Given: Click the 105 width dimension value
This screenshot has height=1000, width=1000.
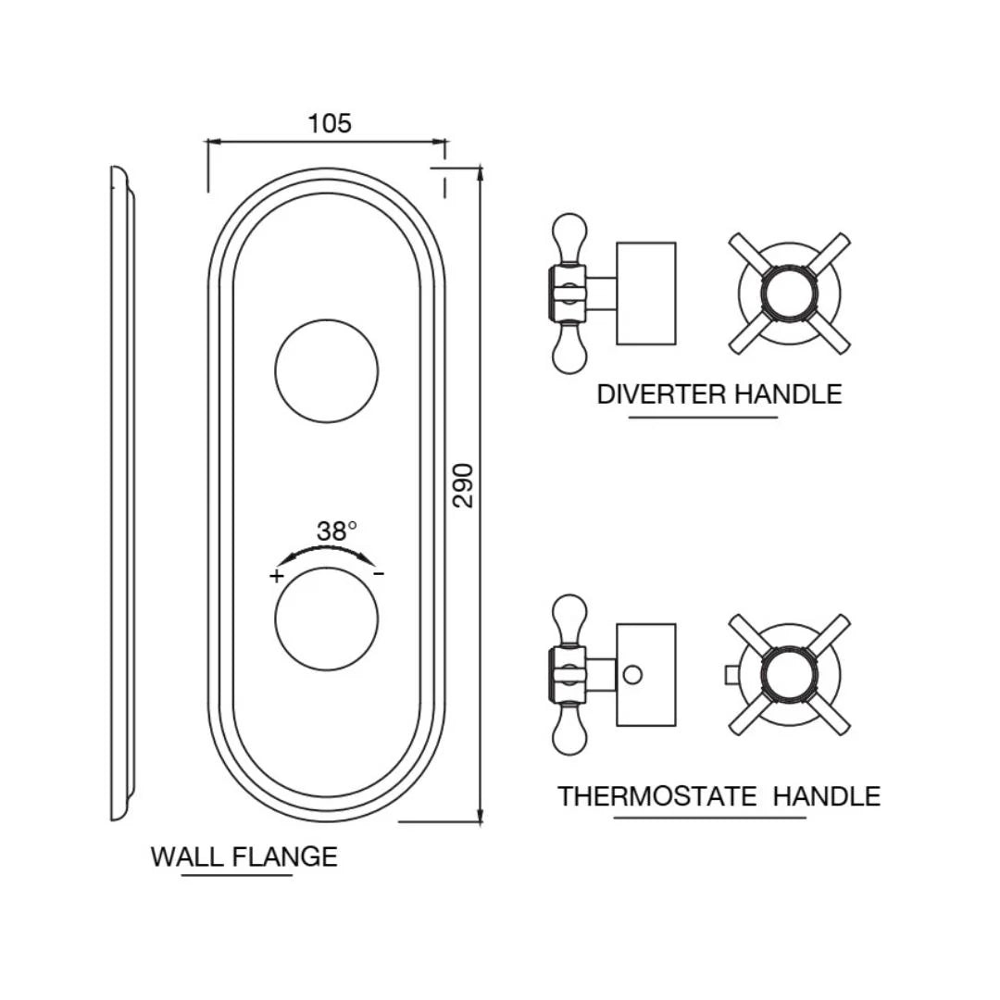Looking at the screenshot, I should pyautogui.click(x=330, y=123).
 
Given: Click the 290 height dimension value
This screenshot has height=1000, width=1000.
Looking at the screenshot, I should pyautogui.click(x=464, y=484).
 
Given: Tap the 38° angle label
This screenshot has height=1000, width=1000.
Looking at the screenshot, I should pyautogui.click(x=335, y=531).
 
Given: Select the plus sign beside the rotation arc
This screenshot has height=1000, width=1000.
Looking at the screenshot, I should pyautogui.click(x=276, y=576).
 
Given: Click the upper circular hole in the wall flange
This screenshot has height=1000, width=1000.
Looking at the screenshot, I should pyautogui.click(x=327, y=371).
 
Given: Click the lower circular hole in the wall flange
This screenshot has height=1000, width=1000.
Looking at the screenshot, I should pyautogui.click(x=327, y=619).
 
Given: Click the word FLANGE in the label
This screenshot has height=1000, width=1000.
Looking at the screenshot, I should pyautogui.click(x=284, y=856).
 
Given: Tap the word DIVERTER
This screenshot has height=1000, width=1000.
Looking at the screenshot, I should pyautogui.click(x=661, y=394).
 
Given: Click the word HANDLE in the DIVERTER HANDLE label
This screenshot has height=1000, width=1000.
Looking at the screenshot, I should pyautogui.click(x=788, y=394).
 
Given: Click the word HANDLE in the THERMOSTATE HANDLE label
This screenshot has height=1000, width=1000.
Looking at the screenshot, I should pyautogui.click(x=827, y=796).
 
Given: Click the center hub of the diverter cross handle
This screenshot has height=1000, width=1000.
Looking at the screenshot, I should pyautogui.click(x=789, y=294).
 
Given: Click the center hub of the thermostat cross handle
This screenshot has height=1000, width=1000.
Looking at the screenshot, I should pyautogui.click(x=789, y=674).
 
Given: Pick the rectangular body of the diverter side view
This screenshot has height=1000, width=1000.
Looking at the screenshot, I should pyautogui.click(x=646, y=294).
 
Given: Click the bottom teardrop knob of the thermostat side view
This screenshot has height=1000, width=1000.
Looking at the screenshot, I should pyautogui.click(x=568, y=736).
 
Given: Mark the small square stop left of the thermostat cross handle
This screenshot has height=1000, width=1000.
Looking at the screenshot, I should pyautogui.click(x=731, y=675).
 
